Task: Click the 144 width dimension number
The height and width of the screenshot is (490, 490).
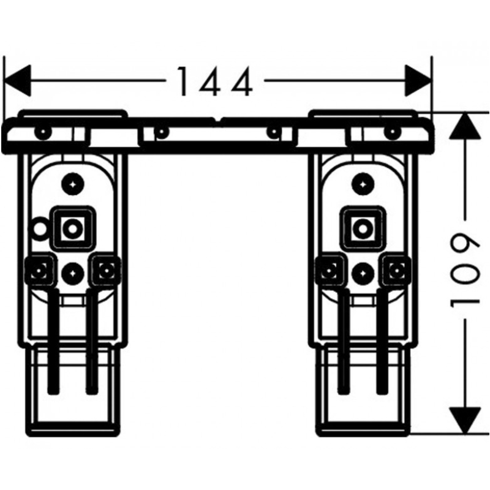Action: tap(214, 81)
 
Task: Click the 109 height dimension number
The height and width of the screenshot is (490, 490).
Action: tap(464, 271)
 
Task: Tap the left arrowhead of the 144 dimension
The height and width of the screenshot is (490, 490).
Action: tap(17, 81)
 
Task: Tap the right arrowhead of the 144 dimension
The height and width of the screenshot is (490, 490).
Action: tap(418, 81)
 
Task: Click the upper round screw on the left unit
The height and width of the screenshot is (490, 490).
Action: tap(73, 184)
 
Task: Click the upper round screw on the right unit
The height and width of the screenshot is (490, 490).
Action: tap(363, 184)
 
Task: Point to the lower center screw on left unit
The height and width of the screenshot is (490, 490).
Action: tap(73, 273)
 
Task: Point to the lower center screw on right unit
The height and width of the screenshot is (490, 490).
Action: tap(363, 273)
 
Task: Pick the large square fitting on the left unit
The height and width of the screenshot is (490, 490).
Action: tap(73, 228)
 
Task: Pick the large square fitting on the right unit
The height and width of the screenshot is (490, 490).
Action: tap(363, 228)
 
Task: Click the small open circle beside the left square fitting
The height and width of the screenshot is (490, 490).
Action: tap(38, 228)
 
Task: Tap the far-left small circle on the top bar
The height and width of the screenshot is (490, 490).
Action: tap(43, 132)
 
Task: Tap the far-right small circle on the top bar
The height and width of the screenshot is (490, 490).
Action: tap(393, 132)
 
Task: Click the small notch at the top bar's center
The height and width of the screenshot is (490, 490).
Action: tap(218, 119)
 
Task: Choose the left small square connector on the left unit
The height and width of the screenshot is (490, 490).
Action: tap(40, 269)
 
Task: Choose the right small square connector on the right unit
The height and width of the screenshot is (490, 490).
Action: tap(396, 269)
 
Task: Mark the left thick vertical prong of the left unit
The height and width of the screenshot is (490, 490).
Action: tap(53, 341)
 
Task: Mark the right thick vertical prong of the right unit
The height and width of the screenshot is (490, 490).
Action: tap(382, 341)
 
